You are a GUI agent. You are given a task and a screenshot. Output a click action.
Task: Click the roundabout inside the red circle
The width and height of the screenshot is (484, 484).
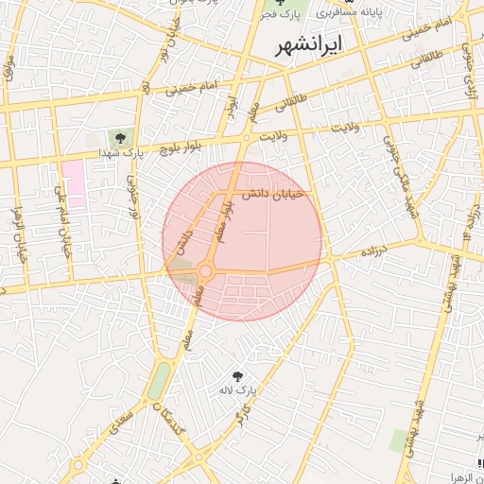pyautogui.click(x=205, y=272)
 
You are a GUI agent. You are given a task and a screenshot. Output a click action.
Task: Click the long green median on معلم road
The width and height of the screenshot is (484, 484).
pyautogui.click(x=159, y=380)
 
